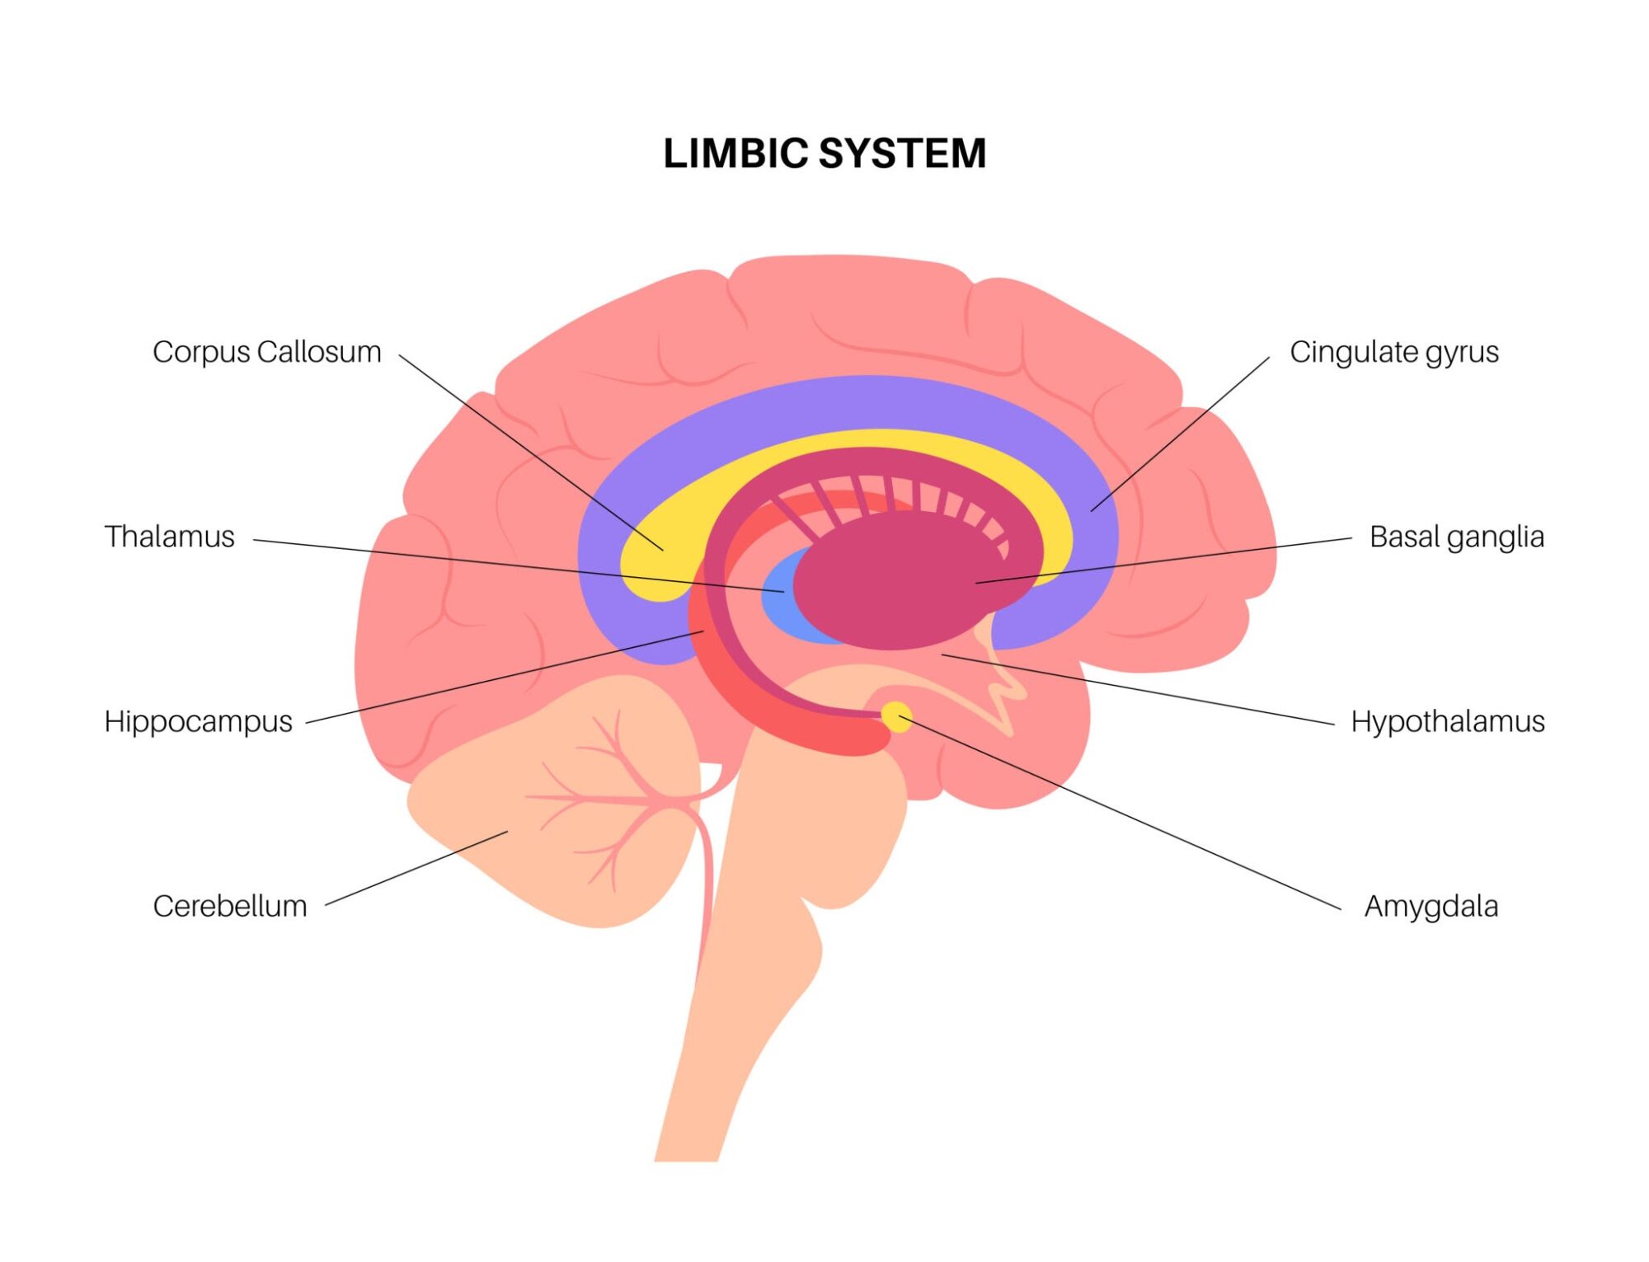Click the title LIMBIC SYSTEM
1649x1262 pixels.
point(824,153)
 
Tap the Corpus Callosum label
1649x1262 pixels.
point(266,352)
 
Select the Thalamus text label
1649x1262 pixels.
point(169,537)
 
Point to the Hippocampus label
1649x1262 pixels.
point(198,721)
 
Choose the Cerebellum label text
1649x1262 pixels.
point(229,906)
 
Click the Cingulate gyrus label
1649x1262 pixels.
point(1393,352)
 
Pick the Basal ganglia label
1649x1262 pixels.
point(1456,537)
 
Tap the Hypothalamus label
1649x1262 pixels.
point(1447,721)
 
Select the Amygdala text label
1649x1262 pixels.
point(1431,906)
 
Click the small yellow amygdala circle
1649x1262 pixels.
point(895,715)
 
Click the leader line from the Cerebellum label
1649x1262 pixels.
point(416,868)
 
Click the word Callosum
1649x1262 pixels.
point(318,352)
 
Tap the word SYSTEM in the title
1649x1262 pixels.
point(902,153)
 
